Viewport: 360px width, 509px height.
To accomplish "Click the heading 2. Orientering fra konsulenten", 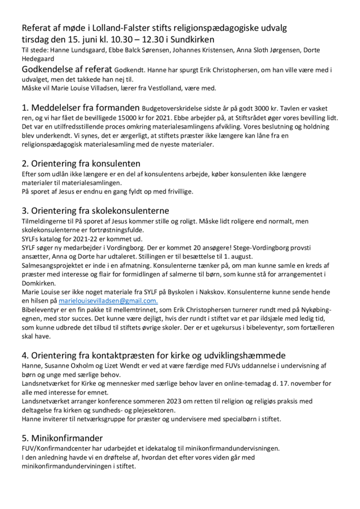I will click(x=81, y=163).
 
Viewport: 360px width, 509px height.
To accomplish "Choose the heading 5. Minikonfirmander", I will click(x=62, y=438).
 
